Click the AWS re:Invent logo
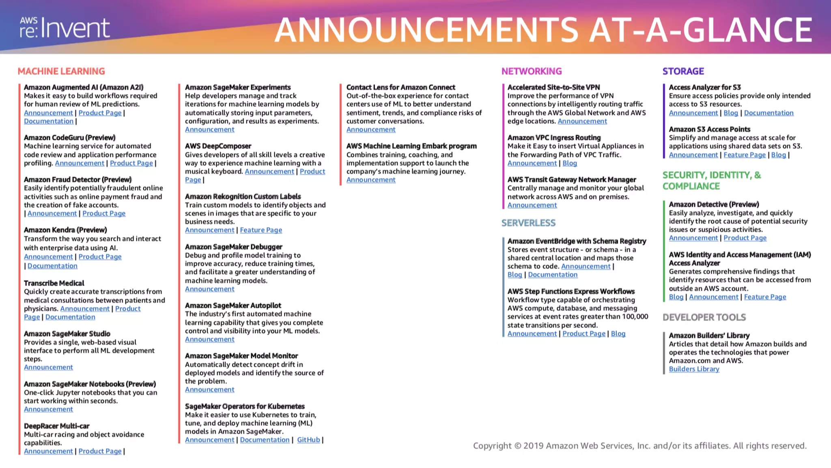coord(65,28)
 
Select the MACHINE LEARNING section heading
coord(61,71)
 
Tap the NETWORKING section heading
coord(532,71)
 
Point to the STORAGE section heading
coord(683,71)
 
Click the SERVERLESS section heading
coord(528,223)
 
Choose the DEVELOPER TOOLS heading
coord(704,317)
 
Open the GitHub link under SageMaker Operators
coord(308,440)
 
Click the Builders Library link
coord(694,369)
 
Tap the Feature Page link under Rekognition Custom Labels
coord(261,230)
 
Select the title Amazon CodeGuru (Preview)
coord(69,138)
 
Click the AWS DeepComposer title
coord(218,146)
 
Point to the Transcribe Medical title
coord(54,283)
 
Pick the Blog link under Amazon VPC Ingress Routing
coord(570,163)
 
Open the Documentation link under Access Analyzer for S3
coord(769,113)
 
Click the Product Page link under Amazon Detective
coord(745,238)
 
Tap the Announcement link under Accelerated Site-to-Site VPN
coord(582,121)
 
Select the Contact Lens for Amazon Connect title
coord(400,87)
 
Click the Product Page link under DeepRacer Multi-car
coord(100,451)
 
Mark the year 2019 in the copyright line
coord(533,446)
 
